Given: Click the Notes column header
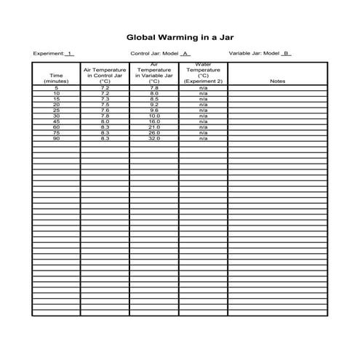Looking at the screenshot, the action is pos(277,81).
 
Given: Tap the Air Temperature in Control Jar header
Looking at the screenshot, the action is pos(105,76).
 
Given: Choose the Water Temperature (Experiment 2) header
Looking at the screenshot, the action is pos(203,73).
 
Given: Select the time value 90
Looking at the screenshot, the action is pos(56,138).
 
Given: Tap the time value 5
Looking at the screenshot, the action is pos(56,88).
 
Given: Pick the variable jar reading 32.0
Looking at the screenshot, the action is pos(153,138).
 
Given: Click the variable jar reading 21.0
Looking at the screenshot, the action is pos(153,127).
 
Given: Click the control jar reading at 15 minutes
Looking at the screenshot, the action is pos(105,99).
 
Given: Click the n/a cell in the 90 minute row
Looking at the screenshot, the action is pos(203,138).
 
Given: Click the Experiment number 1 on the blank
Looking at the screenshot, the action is pos(69,53).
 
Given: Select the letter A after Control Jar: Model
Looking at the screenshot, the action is pos(185,53).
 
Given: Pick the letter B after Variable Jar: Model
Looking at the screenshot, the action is pos(286,53).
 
